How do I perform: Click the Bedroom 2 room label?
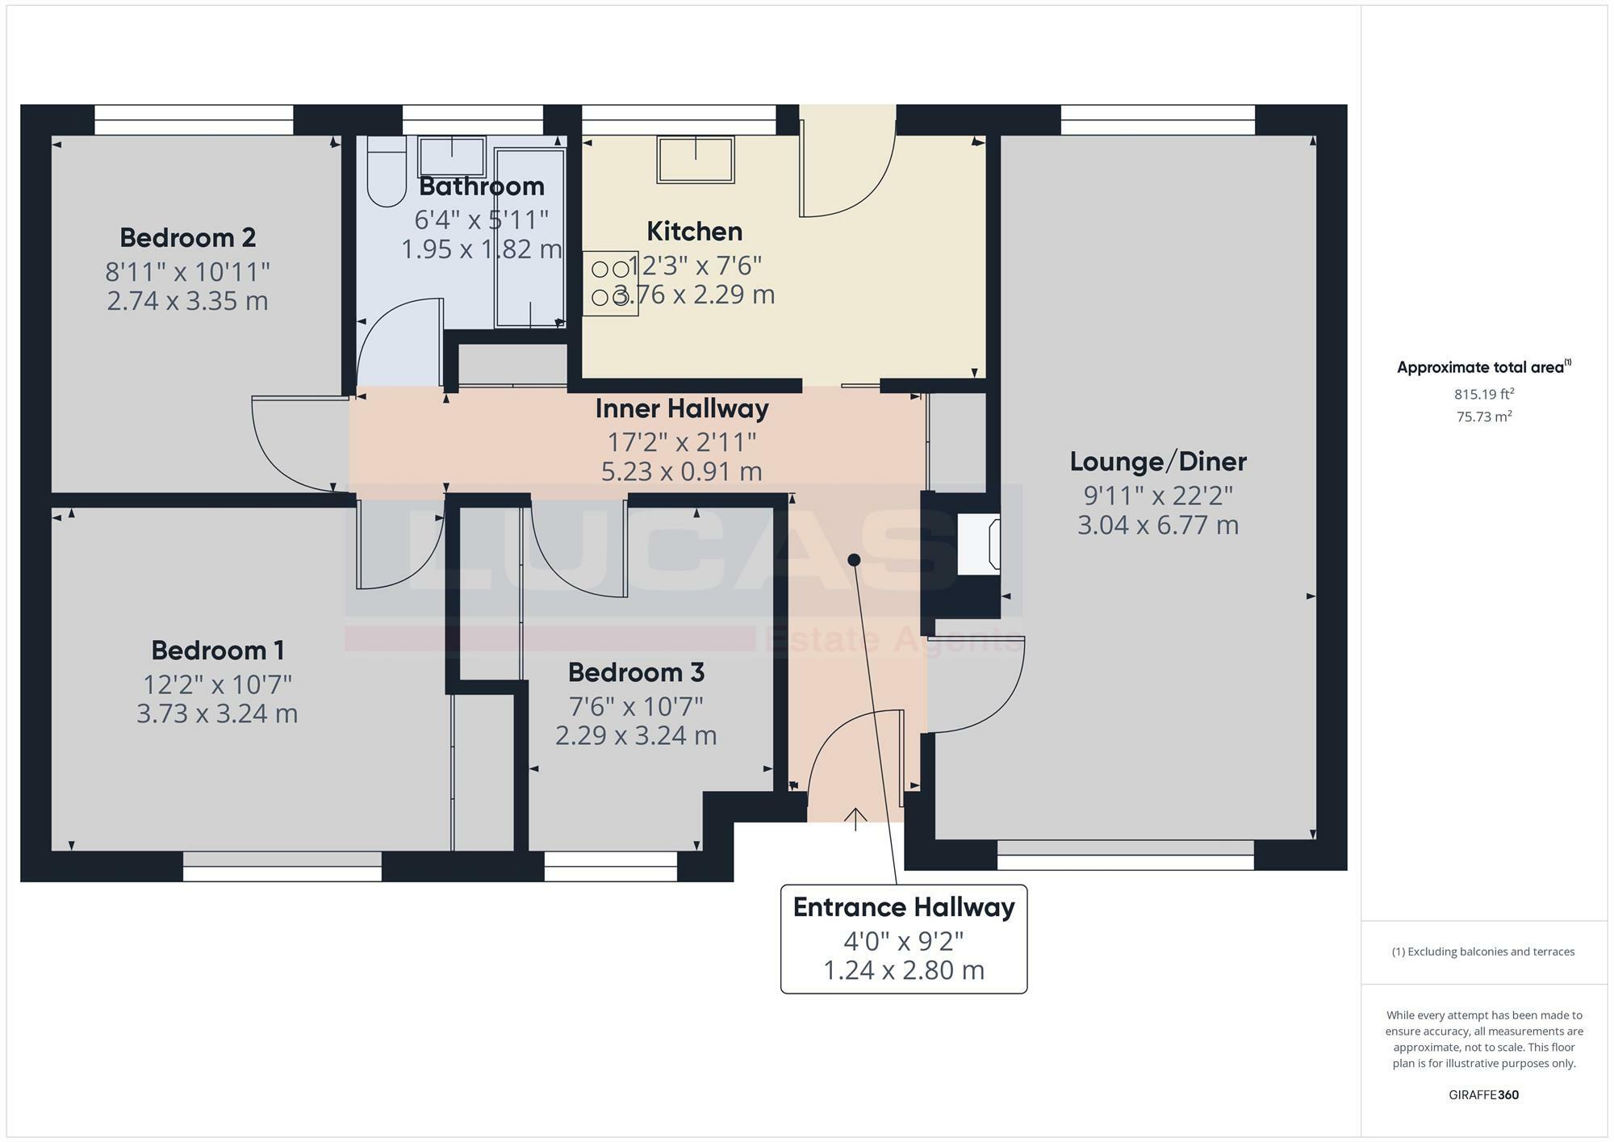(187, 238)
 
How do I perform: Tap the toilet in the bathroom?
(387, 173)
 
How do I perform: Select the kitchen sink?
(696, 159)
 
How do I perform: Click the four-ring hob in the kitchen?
(610, 283)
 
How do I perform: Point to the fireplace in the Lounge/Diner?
(978, 546)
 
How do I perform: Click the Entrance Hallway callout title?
(903, 907)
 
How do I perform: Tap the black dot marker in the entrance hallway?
(854, 559)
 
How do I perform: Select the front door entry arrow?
(855, 818)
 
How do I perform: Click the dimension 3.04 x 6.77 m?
(1157, 525)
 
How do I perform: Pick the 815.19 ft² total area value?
(1483, 395)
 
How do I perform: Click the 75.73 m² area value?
(1483, 417)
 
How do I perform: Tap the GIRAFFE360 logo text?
(1483, 1095)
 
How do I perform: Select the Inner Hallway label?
(682, 409)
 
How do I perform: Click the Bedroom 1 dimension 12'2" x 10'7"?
(217, 684)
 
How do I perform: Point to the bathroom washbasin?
(451, 157)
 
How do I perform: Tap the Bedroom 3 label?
(636, 672)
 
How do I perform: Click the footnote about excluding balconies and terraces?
(1483, 952)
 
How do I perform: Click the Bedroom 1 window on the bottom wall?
(282, 872)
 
